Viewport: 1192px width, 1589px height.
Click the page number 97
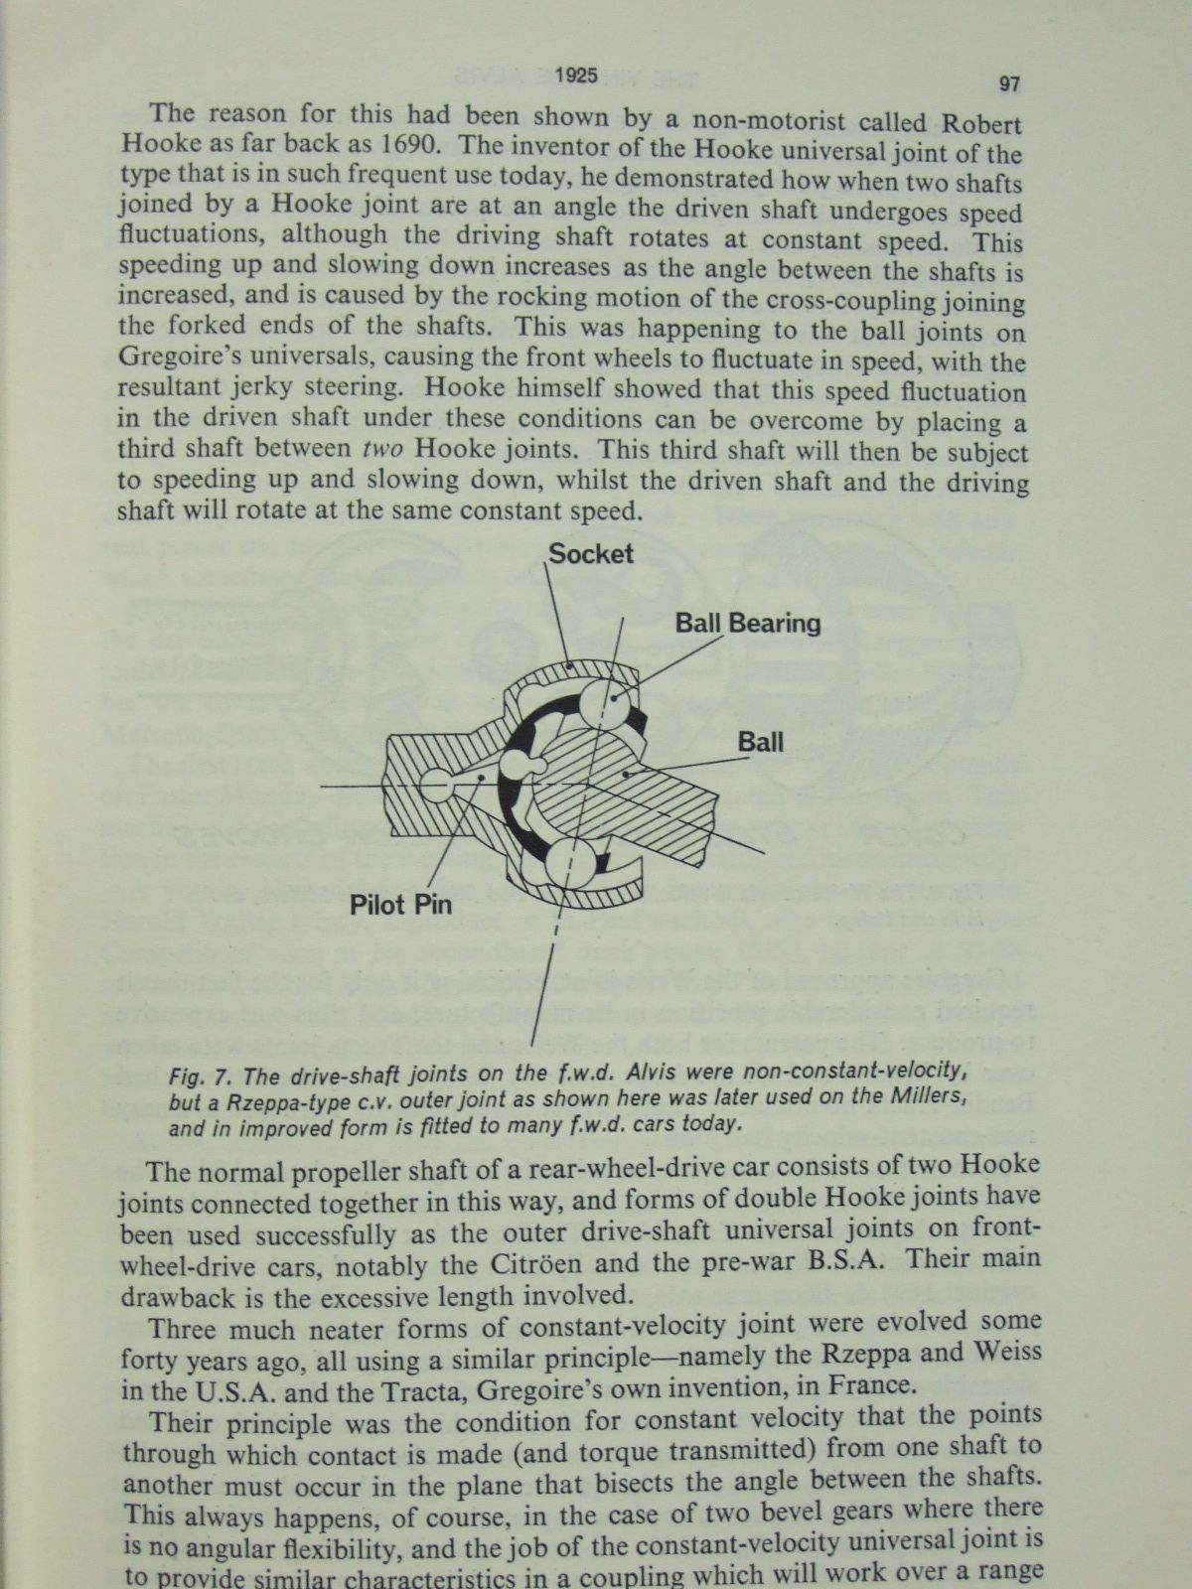tap(1008, 84)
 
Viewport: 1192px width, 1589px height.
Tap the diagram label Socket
tap(591, 553)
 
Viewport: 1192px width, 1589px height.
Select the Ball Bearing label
tap(748, 624)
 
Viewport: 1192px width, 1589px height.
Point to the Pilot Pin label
tap(400, 905)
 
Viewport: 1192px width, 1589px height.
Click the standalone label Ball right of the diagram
tap(760, 742)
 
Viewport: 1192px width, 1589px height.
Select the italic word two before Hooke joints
tap(383, 448)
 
